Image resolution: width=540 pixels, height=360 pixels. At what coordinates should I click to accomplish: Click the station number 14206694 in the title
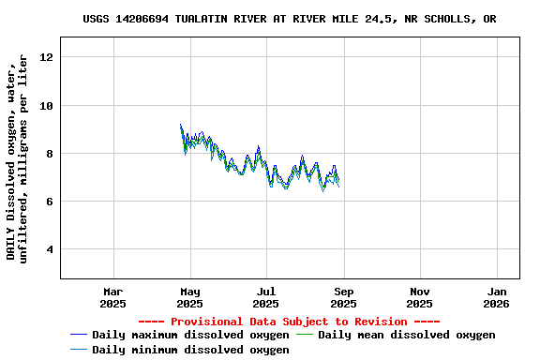pyautogui.click(x=149, y=19)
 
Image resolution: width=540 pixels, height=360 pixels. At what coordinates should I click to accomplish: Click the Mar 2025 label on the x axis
pyautogui.click(x=112, y=297)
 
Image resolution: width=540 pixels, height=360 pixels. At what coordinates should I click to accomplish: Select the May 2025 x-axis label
pyautogui.click(x=189, y=297)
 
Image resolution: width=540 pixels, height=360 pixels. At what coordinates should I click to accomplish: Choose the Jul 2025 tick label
pyautogui.click(x=266, y=297)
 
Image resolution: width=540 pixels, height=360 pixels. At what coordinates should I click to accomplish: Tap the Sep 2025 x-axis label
pyautogui.click(x=343, y=297)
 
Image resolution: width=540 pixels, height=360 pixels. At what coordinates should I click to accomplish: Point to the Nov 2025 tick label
pyautogui.click(x=420, y=297)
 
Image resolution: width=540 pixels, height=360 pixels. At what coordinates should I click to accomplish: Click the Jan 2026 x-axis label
pyautogui.click(x=497, y=297)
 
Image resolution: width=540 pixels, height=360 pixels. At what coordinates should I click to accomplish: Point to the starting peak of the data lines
pyautogui.click(x=181, y=126)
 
